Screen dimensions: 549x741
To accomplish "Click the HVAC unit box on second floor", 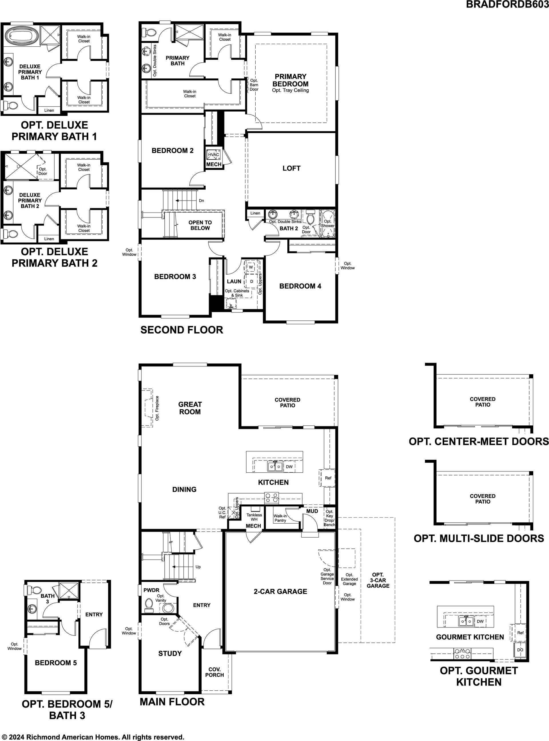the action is click(x=213, y=154).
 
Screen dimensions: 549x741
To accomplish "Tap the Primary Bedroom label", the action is click(x=291, y=80).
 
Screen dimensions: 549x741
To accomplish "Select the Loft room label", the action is click(x=291, y=168).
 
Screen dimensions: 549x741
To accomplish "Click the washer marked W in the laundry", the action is click(x=251, y=267).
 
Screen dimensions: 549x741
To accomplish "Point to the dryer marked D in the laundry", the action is click(x=252, y=281).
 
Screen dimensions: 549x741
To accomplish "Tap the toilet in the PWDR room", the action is click(x=149, y=605).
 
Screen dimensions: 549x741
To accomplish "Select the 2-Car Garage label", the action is click(x=281, y=591).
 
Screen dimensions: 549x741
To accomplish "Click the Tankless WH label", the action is click(x=254, y=517).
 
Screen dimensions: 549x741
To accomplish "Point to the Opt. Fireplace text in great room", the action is click(x=157, y=408).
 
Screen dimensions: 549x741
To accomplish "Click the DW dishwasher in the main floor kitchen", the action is click(x=289, y=466).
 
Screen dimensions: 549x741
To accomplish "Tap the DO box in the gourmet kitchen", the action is click(x=520, y=649).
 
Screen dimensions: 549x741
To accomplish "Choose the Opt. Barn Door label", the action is click(x=254, y=85).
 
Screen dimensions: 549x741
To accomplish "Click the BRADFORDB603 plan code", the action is click(x=507, y=4).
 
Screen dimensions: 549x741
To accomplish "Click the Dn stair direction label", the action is click(x=201, y=201).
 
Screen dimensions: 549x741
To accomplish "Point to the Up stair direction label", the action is click(x=198, y=567).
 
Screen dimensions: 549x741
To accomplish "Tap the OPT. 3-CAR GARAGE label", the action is click(x=378, y=580).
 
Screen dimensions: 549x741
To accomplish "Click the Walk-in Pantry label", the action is click(x=280, y=518).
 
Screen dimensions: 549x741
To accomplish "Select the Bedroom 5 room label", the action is click(x=56, y=663).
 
